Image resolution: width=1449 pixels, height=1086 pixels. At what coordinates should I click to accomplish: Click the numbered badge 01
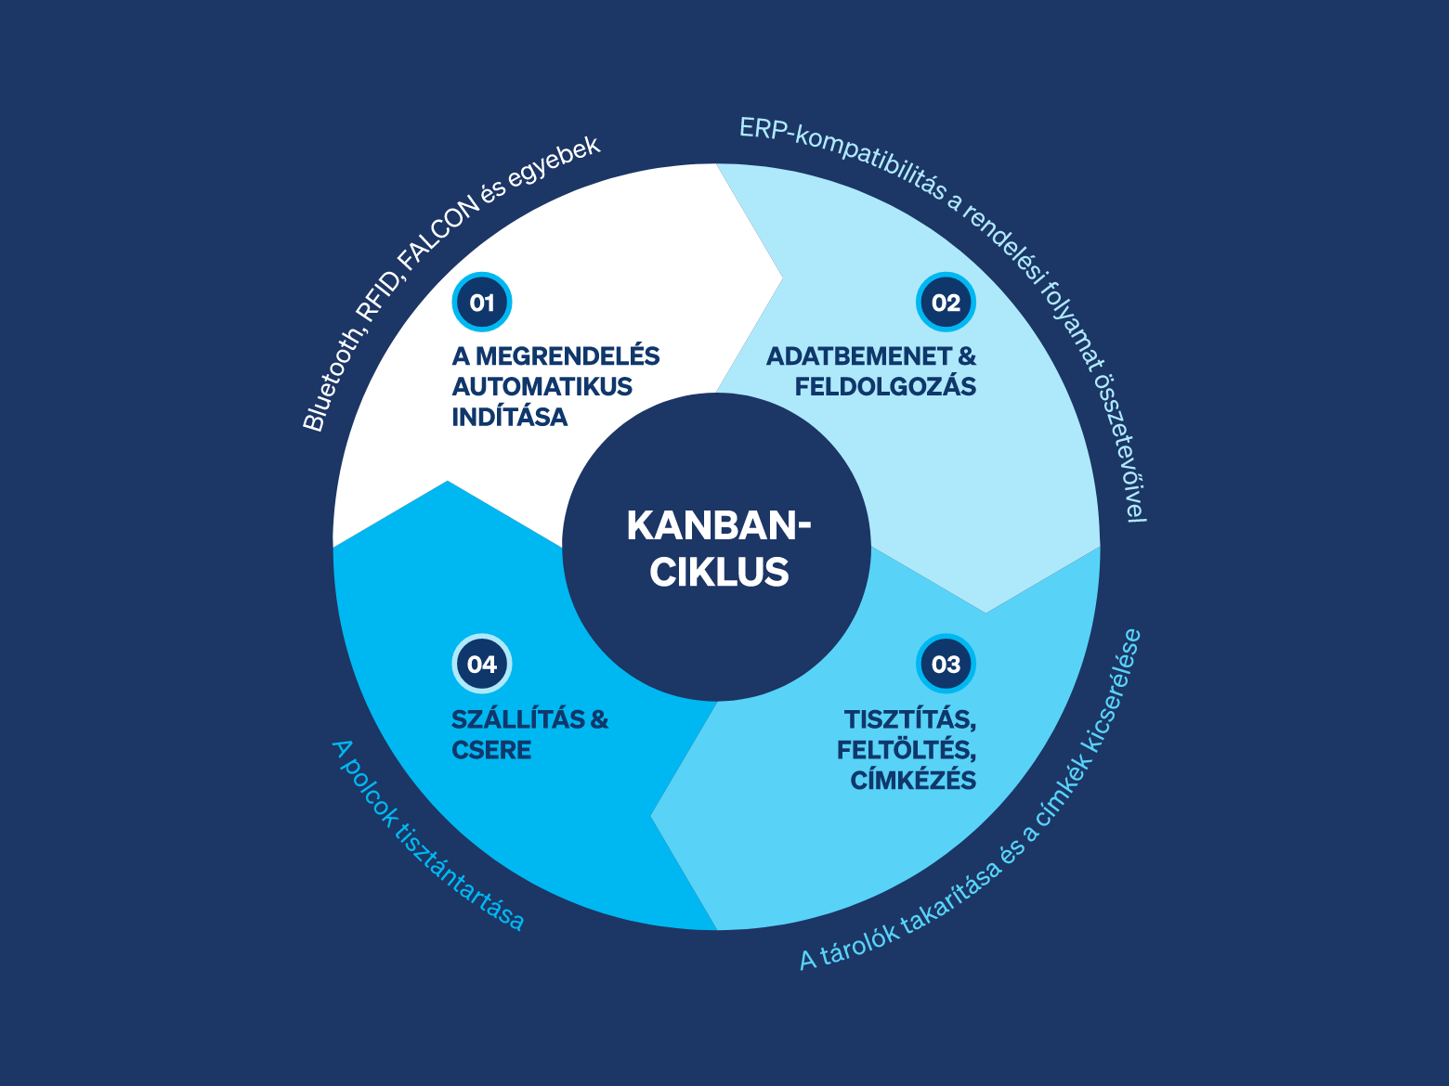pos(482,302)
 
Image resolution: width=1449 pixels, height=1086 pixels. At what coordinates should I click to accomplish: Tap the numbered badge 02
pos(946,302)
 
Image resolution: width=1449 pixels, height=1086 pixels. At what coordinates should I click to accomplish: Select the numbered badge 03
pos(946,664)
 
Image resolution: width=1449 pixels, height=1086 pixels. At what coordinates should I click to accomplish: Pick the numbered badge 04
pos(482,664)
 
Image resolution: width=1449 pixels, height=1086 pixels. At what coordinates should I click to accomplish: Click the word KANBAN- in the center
pos(718,525)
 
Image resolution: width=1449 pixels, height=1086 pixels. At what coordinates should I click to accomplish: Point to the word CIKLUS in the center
pos(719,571)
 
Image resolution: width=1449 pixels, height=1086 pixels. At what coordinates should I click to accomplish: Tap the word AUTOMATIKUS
pos(542,386)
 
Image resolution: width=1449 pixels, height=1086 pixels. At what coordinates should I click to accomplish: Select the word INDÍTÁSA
pos(510,416)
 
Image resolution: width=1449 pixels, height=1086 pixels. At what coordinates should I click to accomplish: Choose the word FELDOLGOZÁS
pos(885,385)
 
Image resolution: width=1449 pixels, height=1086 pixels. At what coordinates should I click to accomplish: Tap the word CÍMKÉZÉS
pos(913,779)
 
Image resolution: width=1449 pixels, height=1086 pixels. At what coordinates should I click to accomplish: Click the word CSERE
pos(491,750)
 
